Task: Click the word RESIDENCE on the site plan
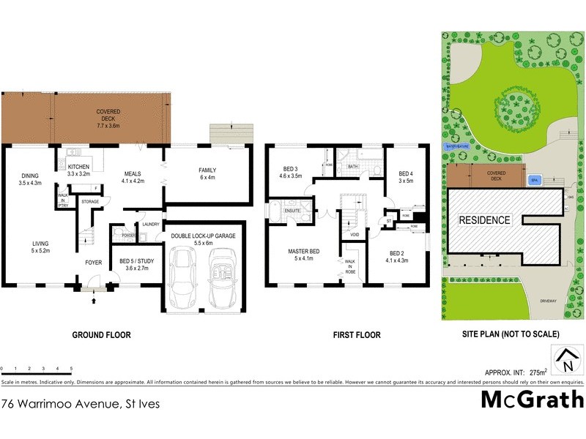click(484, 219)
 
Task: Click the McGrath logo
click(532, 399)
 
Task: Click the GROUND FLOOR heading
click(101, 335)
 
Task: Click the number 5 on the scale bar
click(71, 368)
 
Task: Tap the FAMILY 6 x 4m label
click(208, 173)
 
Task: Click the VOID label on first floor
click(354, 234)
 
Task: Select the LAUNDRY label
click(151, 225)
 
